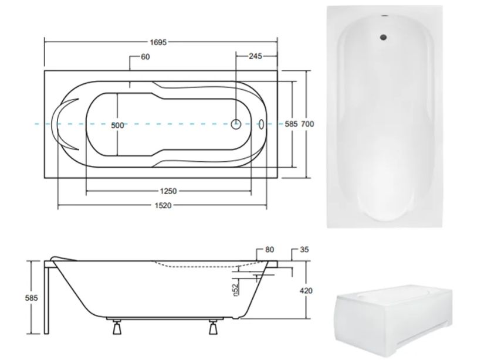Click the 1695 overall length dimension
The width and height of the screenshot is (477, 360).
coord(158,42)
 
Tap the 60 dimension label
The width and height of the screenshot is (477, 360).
coord(145,57)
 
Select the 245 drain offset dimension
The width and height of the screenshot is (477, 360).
coord(255,56)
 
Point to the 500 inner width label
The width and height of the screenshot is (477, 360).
coord(117,125)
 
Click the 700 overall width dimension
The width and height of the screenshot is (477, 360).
coord(307,124)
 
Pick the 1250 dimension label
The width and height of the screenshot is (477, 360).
coord(168,191)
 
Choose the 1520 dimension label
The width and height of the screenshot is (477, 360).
coord(163,206)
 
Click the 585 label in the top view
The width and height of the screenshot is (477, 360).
coord(291,124)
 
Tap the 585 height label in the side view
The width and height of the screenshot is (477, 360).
coord(31,298)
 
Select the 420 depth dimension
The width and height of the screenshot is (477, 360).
coord(306,291)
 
